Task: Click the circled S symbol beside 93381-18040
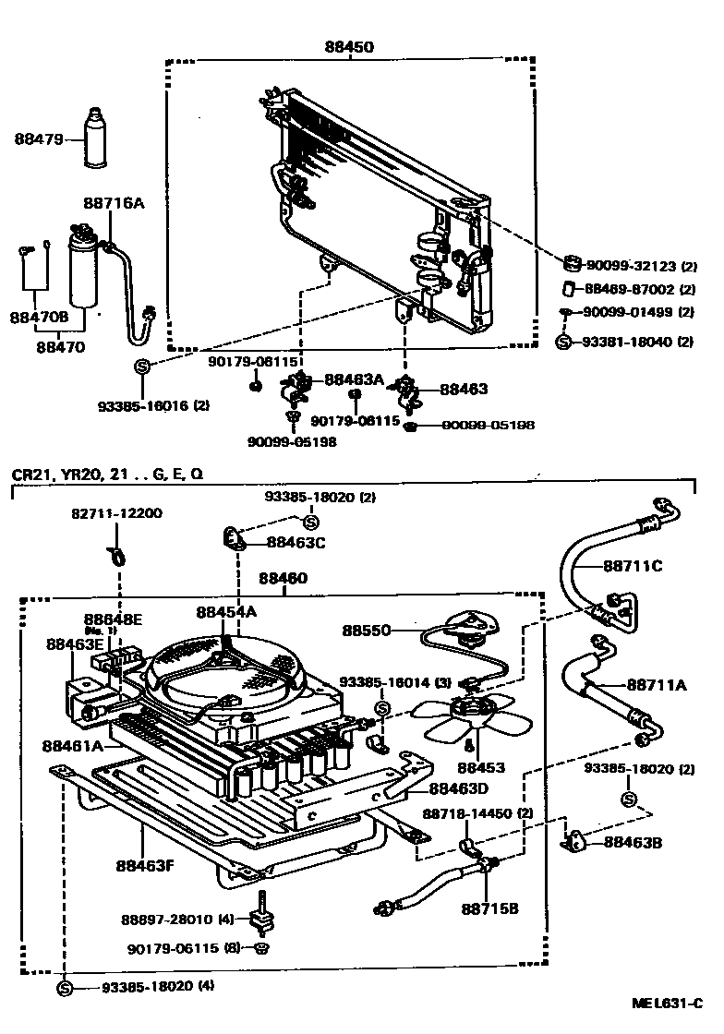point(566,342)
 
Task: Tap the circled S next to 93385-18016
point(143,366)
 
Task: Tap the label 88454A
point(225,611)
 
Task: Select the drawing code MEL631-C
point(667,1003)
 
